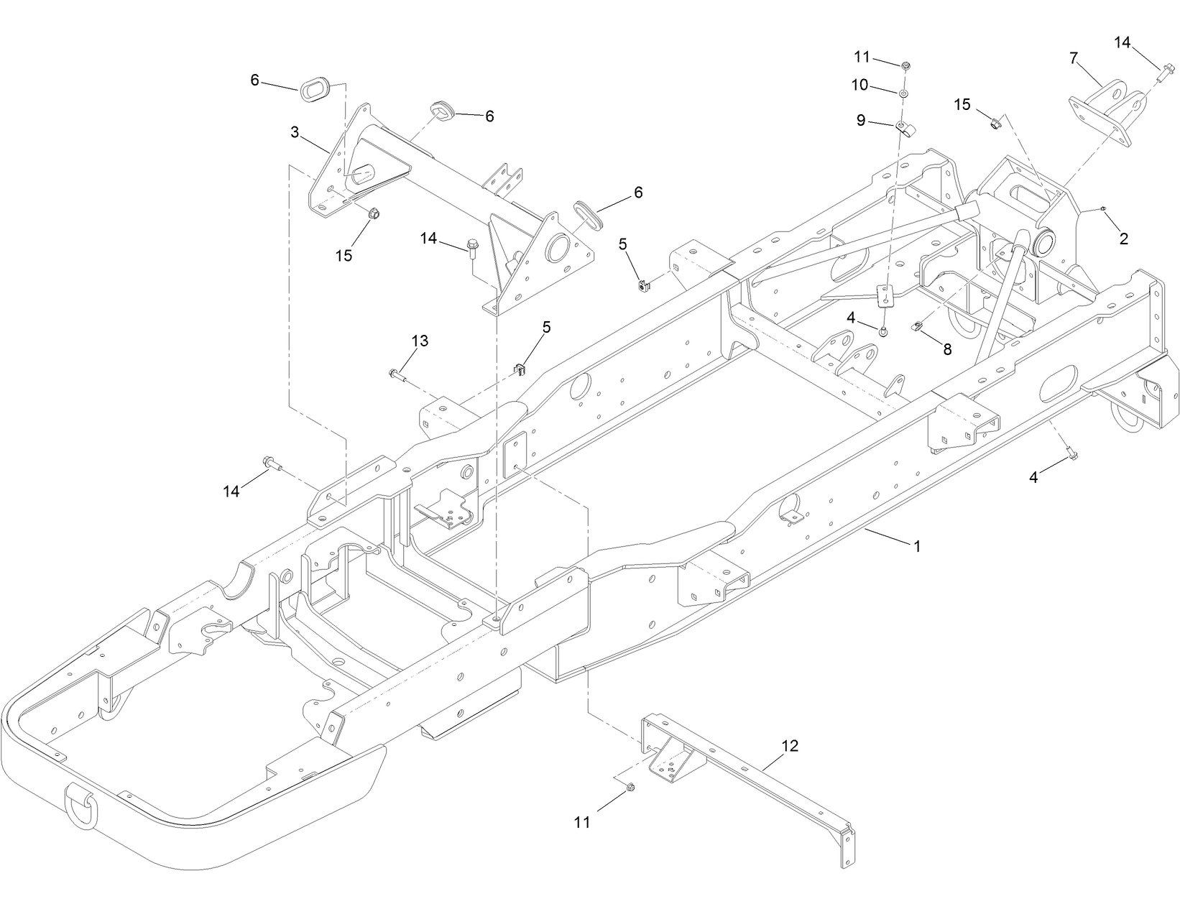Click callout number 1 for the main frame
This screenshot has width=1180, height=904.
click(916, 546)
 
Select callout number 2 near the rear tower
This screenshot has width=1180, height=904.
click(1123, 239)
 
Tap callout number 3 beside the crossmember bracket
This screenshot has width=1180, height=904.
click(295, 132)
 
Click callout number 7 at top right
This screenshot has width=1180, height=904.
click(1074, 58)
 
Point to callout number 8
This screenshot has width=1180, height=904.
click(947, 349)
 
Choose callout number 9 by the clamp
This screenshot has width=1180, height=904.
click(861, 121)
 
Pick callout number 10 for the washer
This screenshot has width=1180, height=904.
click(860, 85)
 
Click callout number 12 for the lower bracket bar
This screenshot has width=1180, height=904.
click(789, 746)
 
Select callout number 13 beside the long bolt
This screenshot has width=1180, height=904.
click(420, 341)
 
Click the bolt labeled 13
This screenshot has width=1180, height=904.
click(397, 374)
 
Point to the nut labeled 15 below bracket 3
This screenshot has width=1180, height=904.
click(374, 213)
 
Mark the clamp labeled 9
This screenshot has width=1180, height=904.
click(903, 129)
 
